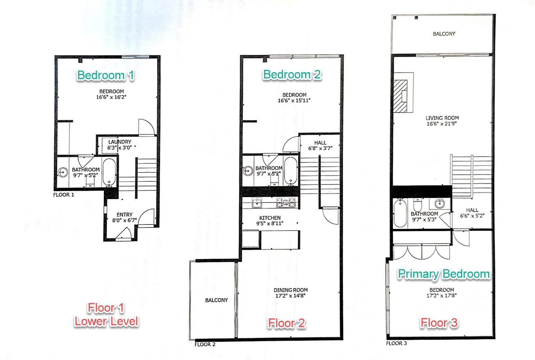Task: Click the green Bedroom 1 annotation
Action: pos(105,75)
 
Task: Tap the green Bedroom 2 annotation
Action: pos(292,74)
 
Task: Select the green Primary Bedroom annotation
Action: pos(444,274)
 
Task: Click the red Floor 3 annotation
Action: pos(439,323)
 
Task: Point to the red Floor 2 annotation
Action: pos(286,323)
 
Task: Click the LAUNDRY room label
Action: pos(120,142)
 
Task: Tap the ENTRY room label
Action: pos(124,214)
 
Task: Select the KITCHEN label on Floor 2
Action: pos(270,218)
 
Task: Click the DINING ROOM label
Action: pos(290,290)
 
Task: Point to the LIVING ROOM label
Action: pos(442,118)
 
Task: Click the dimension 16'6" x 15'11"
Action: pos(294,100)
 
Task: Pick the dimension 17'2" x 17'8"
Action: pos(441,295)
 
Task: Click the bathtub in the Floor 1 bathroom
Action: pos(109,172)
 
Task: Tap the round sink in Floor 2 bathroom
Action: pos(248,171)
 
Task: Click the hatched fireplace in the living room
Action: pos(401,96)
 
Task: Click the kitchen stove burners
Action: pos(285,203)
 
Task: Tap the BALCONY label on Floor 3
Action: pos(444,34)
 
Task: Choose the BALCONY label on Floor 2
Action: pos(216,300)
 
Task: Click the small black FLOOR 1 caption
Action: pos(64,195)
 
